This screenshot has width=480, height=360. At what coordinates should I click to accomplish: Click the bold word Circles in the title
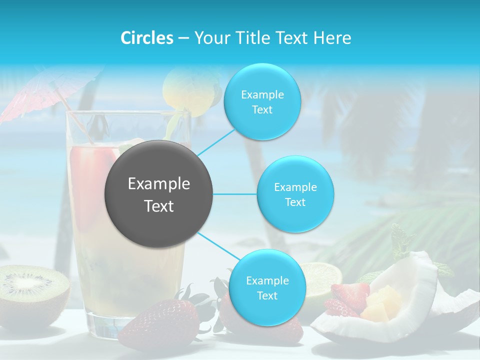(147, 38)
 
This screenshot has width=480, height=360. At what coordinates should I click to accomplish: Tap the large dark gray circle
(158, 193)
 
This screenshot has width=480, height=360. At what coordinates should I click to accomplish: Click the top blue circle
(262, 102)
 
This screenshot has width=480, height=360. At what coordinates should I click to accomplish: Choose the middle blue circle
(295, 194)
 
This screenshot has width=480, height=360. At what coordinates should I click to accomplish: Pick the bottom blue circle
(267, 287)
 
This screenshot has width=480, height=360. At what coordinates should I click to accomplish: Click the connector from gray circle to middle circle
(235, 194)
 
